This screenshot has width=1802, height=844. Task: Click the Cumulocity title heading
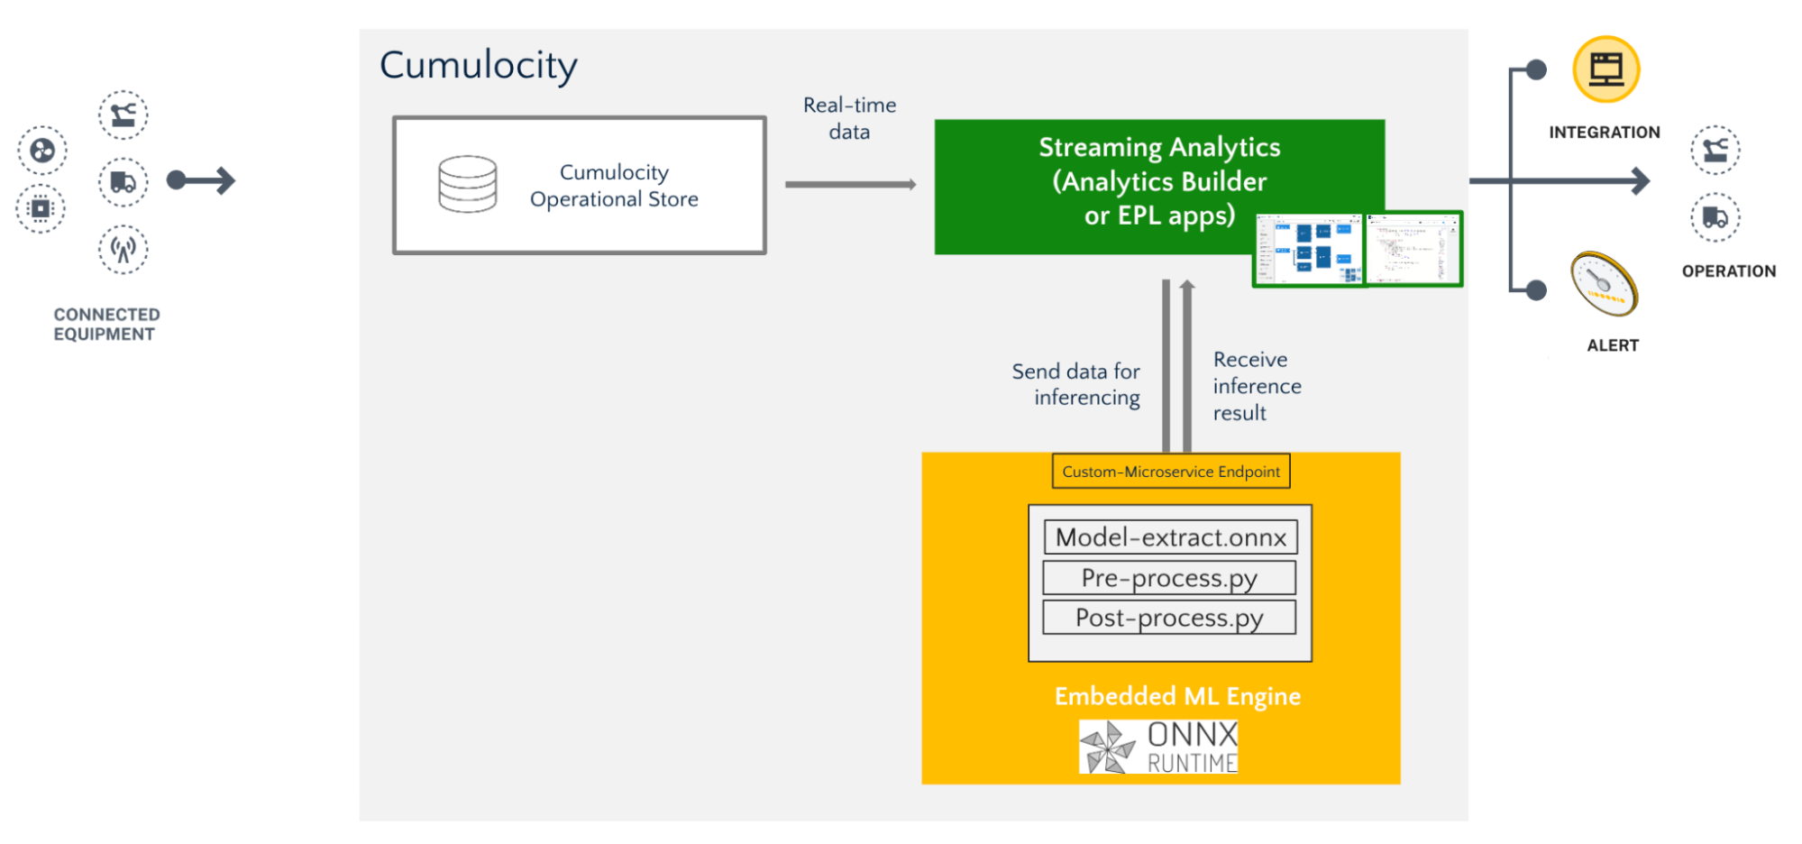[x=478, y=65]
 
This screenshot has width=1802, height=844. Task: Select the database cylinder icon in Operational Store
[x=467, y=184]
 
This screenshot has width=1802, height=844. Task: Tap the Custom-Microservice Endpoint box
[x=1170, y=472]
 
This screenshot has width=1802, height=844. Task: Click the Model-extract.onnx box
[x=1170, y=537]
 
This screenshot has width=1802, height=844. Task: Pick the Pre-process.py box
[x=1169, y=578]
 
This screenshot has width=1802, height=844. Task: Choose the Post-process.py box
[x=1169, y=619]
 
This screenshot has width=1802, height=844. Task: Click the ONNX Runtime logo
[x=1158, y=747]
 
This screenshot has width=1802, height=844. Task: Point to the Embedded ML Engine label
[x=1177, y=696]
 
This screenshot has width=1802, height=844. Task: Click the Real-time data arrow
[x=850, y=184]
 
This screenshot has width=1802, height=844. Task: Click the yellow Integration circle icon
[x=1605, y=69]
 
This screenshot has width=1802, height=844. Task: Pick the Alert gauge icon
[x=1604, y=284]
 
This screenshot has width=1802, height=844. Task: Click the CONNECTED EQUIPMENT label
[x=106, y=324]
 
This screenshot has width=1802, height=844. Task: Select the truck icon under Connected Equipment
[x=123, y=182]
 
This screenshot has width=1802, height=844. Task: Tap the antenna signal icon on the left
[x=123, y=249]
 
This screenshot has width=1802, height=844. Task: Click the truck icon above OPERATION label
[x=1715, y=217]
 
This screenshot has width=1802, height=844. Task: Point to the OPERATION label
[x=1728, y=271]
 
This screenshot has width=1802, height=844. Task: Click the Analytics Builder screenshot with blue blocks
[x=1309, y=250]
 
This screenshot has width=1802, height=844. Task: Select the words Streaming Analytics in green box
[x=1159, y=147]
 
